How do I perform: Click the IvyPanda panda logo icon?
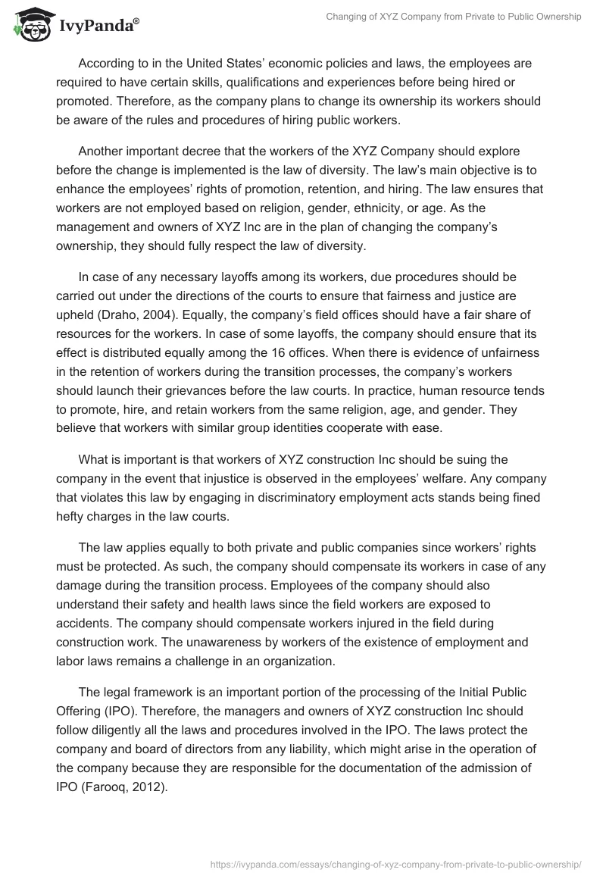(x=28, y=25)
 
